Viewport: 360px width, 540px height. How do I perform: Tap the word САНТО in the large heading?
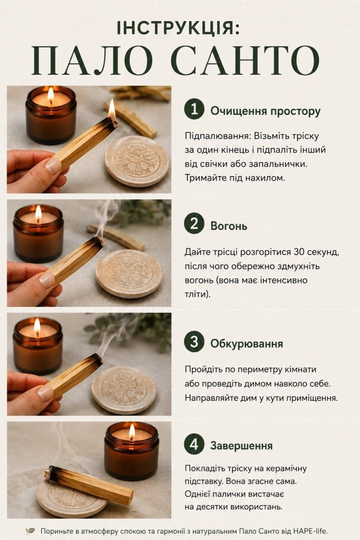[246, 60]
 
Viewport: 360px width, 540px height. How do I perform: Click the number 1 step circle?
[194, 109]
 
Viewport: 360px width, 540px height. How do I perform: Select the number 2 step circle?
[194, 223]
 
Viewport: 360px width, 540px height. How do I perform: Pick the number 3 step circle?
[194, 341]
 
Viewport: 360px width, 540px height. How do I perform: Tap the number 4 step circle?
[194, 444]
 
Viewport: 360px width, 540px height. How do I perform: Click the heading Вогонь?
[229, 226]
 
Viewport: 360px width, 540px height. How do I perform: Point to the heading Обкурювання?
[247, 344]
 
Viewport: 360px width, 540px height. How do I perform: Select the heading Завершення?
[241, 446]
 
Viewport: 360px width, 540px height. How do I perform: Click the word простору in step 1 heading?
[295, 112]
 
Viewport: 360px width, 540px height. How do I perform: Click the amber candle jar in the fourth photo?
[131, 451]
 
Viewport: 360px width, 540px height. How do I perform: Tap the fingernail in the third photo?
[45, 392]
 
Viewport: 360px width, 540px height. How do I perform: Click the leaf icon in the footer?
[31, 531]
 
